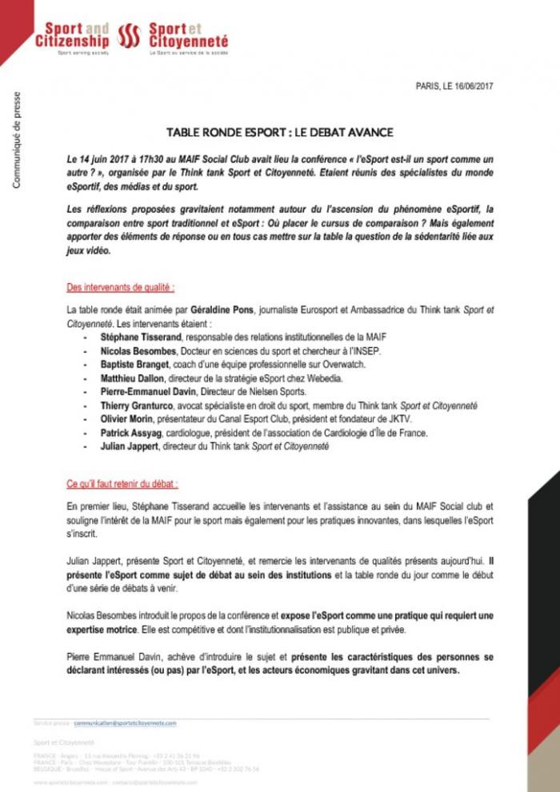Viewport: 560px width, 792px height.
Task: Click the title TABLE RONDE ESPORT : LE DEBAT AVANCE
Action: click(280, 132)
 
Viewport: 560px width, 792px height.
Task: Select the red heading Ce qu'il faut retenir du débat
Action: click(122, 484)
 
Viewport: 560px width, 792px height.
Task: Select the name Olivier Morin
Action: click(125, 419)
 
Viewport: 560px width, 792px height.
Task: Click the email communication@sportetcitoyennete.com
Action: click(125, 722)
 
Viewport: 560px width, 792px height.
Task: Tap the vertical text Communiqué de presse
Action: click(17, 141)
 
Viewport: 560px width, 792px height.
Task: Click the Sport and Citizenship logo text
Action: click(71, 36)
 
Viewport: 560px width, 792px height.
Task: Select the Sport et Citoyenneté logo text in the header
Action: click(188, 36)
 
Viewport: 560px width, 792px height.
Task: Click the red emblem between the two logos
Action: click(129, 36)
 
